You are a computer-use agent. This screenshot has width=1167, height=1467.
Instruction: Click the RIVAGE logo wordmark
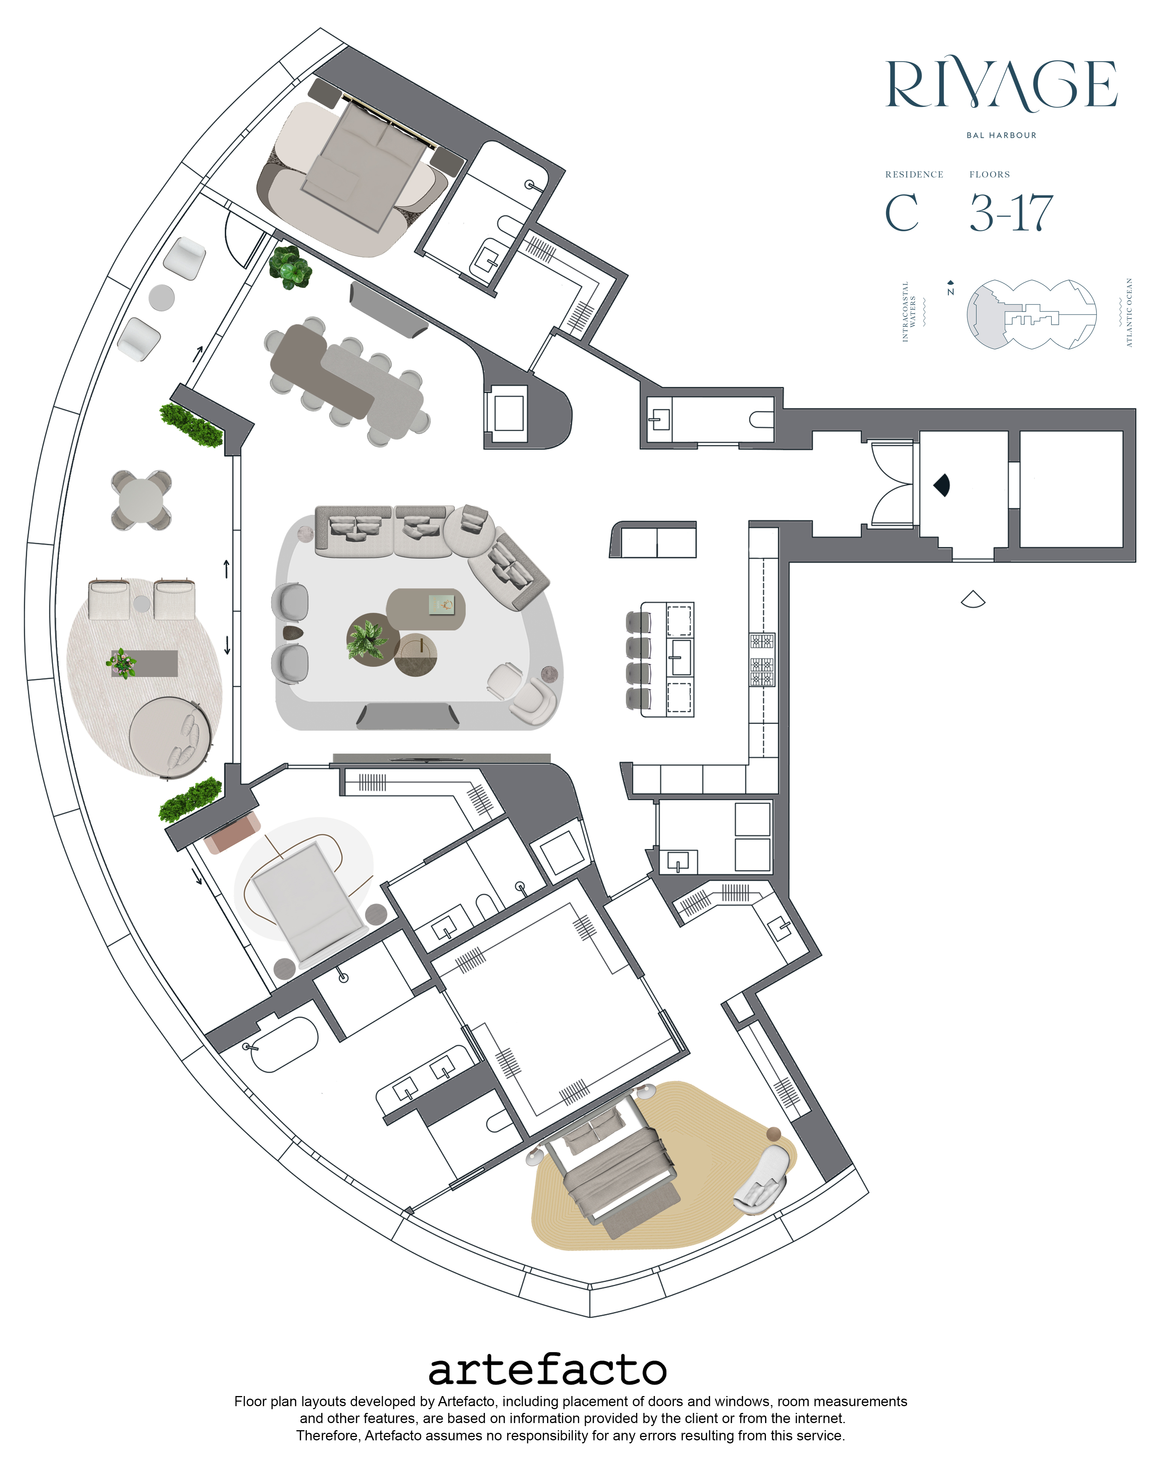[1001, 85]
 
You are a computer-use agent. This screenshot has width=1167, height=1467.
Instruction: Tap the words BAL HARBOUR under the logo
[1001, 136]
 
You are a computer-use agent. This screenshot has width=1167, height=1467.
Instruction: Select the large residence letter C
[902, 213]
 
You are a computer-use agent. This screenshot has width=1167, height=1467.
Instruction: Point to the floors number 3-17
[1011, 213]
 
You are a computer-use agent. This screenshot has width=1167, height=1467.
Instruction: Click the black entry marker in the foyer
[943, 484]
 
